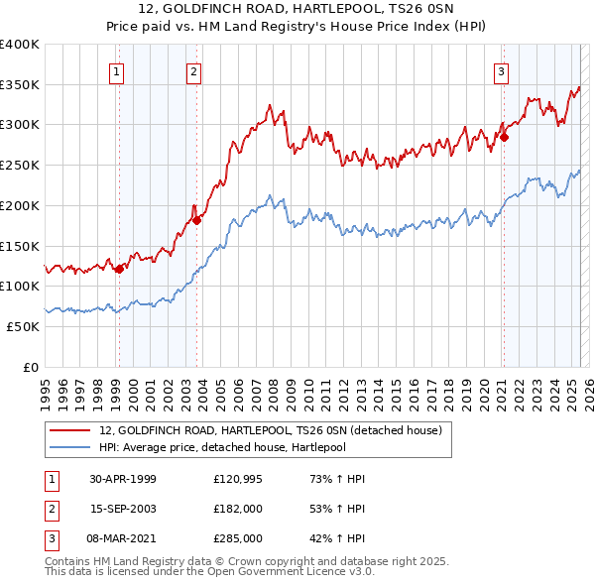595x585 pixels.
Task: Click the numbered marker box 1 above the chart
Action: (117, 70)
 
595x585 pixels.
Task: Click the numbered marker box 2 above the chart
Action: (193, 70)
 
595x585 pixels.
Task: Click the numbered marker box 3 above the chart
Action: (501, 70)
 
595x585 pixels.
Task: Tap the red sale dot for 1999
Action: (120, 268)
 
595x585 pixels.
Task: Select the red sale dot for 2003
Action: (197, 220)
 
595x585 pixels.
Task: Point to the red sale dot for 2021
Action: (504, 137)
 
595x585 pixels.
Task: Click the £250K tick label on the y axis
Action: (20, 165)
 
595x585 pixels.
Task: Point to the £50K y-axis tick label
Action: (24, 326)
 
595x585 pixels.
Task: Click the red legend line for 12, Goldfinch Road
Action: (68, 430)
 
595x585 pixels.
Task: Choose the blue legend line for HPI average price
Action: (68, 448)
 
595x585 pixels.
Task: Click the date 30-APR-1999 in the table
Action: (122, 479)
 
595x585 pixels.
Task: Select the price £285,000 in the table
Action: (238, 538)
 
